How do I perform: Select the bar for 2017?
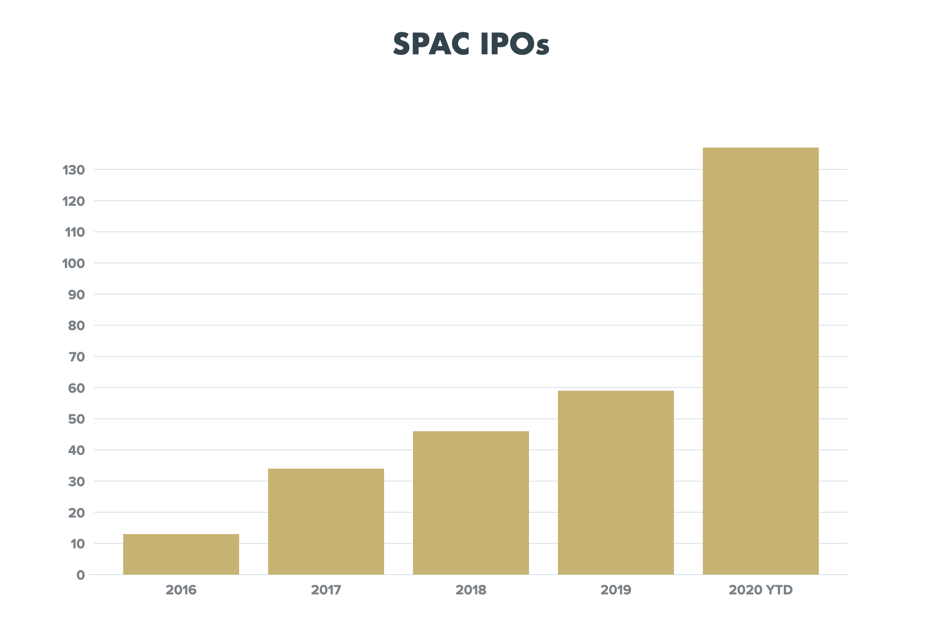click(326, 521)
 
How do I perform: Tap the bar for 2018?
click(471, 502)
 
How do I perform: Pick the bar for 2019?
click(616, 482)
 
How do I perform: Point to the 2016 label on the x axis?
click(181, 590)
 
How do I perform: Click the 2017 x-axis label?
click(326, 590)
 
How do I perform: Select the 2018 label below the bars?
click(471, 590)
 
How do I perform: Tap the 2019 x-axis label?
click(616, 590)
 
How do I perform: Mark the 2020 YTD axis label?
click(761, 590)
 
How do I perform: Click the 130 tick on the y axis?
click(74, 170)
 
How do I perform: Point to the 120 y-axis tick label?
click(74, 201)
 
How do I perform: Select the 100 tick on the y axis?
click(74, 263)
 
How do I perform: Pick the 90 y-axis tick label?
click(77, 295)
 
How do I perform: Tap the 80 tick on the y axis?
click(76, 326)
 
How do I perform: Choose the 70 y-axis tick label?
click(76, 357)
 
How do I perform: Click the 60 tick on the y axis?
click(76, 388)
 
